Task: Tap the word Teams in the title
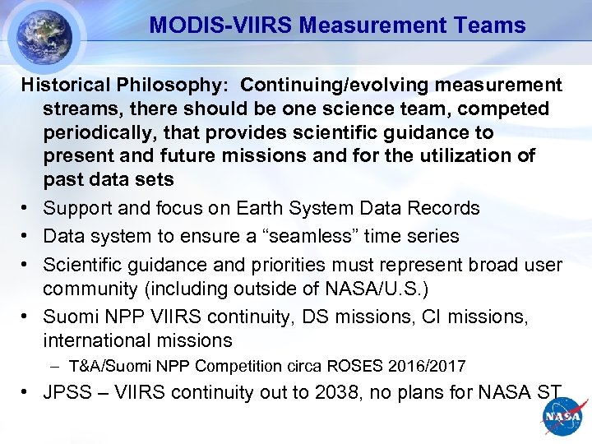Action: point(491,25)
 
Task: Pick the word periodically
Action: point(97,132)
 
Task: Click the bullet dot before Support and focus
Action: point(28,209)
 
